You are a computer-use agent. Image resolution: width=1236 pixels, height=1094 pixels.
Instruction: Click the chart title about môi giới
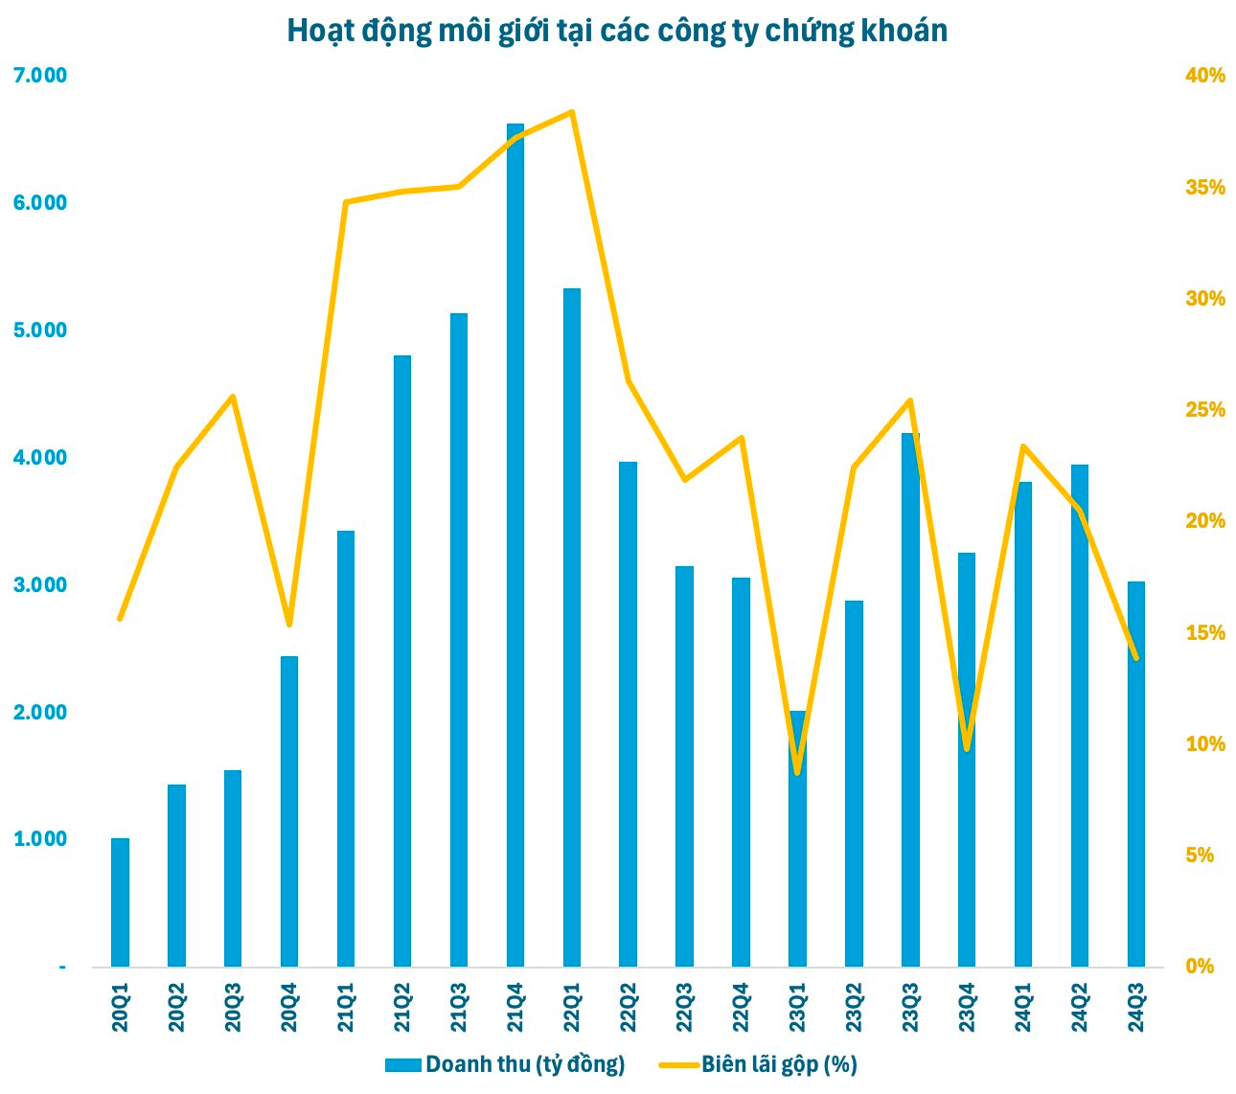[617, 32]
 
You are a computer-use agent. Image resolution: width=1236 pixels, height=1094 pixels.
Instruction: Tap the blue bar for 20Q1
[120, 902]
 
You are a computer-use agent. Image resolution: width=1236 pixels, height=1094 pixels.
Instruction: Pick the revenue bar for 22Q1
[572, 627]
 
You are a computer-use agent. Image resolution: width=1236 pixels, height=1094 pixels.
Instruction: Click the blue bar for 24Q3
[1135, 774]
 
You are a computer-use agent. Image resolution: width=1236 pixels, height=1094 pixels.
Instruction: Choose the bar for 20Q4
[289, 811]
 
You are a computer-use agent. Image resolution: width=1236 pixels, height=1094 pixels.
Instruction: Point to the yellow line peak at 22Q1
[572, 112]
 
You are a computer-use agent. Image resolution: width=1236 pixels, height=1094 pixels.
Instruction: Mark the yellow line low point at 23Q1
[797, 772]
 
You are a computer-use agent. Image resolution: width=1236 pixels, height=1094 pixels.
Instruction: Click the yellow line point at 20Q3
[233, 397]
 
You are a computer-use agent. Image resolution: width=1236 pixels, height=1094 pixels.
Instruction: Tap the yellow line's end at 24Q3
[1135, 658]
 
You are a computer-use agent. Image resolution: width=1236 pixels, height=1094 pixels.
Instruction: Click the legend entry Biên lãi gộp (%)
[758, 1064]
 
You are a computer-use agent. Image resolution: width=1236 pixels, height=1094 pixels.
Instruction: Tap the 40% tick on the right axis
[1205, 76]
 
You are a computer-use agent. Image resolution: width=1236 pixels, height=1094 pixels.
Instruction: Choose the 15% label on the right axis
[1205, 632]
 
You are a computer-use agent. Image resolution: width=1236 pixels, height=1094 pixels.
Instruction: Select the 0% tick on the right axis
[1200, 966]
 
